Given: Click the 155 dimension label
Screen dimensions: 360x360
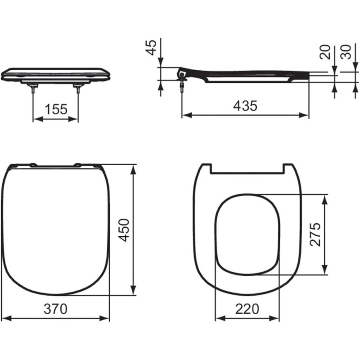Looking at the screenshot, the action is (56, 109).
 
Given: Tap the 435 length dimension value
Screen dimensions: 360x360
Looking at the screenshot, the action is (245, 106).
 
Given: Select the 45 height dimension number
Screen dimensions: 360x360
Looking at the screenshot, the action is (151, 48).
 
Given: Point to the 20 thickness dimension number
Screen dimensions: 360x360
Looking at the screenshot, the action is (325, 52).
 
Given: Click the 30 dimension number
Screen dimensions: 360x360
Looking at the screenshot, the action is (346, 52).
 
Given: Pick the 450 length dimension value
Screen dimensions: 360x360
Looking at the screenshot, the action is (124, 230).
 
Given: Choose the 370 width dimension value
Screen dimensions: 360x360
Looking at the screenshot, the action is (55, 309).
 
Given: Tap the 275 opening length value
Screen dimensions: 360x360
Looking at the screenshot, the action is (315, 234).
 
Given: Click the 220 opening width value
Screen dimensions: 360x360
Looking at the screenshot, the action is (247, 309).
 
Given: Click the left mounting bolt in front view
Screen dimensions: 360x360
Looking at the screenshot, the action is (33, 88).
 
